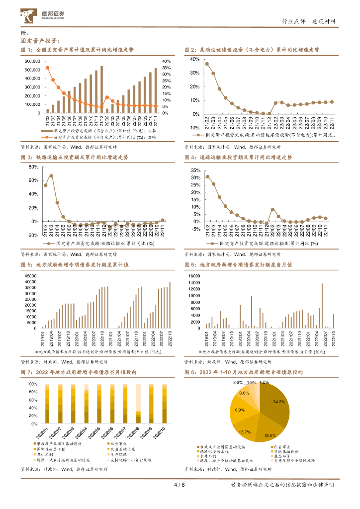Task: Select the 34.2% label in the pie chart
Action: coord(278,401)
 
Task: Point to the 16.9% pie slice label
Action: coord(238,410)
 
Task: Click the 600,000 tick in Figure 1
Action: coord(32,61)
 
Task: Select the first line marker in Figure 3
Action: coord(46,185)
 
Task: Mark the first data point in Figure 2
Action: coord(207,64)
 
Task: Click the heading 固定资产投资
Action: coord(40,41)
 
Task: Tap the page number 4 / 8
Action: coord(180,485)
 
